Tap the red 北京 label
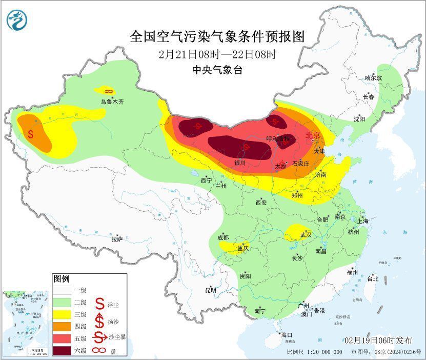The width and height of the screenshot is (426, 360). click(312, 135)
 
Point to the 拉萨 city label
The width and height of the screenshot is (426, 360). click(117, 238)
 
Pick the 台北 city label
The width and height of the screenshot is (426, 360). click(372, 279)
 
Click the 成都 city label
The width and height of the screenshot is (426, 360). click(224, 237)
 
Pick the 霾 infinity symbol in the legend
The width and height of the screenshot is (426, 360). click(99, 351)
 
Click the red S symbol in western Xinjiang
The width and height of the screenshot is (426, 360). click(31, 134)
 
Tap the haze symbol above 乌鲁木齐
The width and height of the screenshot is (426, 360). click(105, 91)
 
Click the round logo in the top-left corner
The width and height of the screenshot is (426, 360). click(17, 19)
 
